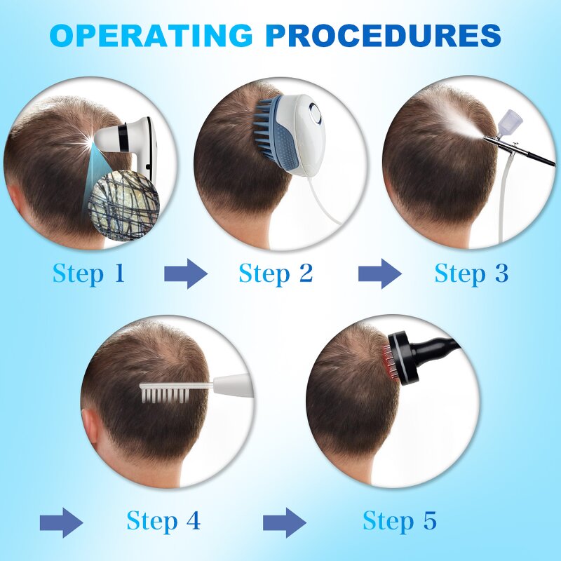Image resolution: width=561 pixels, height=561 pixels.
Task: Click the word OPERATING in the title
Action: pyautogui.click(x=150, y=34)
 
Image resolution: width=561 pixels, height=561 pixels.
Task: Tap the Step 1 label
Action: pyautogui.click(x=88, y=273)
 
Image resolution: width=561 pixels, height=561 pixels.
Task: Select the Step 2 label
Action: pyautogui.click(x=276, y=273)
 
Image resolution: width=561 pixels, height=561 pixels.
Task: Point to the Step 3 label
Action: pyautogui.click(x=471, y=273)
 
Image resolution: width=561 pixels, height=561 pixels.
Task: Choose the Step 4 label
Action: pyautogui.click(x=163, y=521)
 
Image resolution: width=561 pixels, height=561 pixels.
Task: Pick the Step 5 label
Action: pyautogui.click(x=400, y=521)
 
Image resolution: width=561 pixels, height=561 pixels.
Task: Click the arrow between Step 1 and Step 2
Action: pyautogui.click(x=186, y=273)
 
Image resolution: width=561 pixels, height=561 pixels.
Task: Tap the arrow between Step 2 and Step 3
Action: pyautogui.click(x=379, y=273)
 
